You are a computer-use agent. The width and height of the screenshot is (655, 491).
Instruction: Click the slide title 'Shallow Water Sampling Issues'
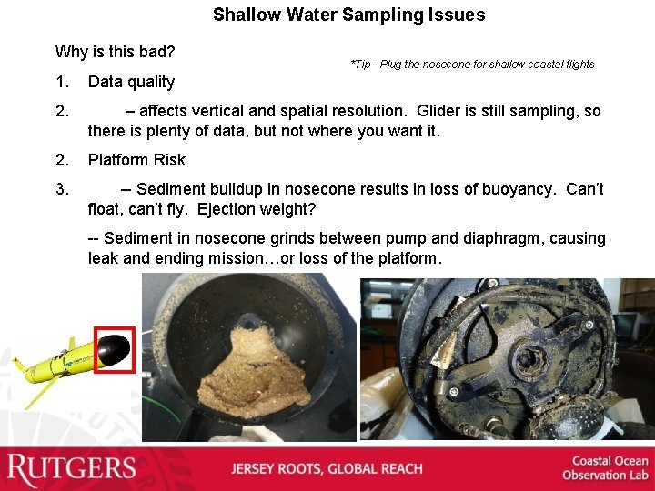(x=348, y=15)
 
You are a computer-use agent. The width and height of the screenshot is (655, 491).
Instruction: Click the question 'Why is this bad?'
(x=115, y=51)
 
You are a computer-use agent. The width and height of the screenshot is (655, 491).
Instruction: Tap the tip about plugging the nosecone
(x=471, y=64)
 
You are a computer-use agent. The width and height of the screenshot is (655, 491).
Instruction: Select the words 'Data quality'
(x=131, y=82)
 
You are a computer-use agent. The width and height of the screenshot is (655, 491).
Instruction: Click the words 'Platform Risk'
(x=136, y=160)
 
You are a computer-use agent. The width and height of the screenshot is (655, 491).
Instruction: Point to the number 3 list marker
(x=62, y=189)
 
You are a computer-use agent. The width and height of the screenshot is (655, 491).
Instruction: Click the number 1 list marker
(x=62, y=82)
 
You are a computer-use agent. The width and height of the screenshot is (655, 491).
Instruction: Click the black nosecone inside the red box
(x=116, y=349)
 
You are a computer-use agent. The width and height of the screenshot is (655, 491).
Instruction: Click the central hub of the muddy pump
(x=528, y=356)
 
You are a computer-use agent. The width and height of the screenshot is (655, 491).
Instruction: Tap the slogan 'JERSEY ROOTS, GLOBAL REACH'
(x=327, y=469)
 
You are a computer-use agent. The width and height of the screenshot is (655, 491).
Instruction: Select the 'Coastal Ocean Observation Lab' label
(x=605, y=468)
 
